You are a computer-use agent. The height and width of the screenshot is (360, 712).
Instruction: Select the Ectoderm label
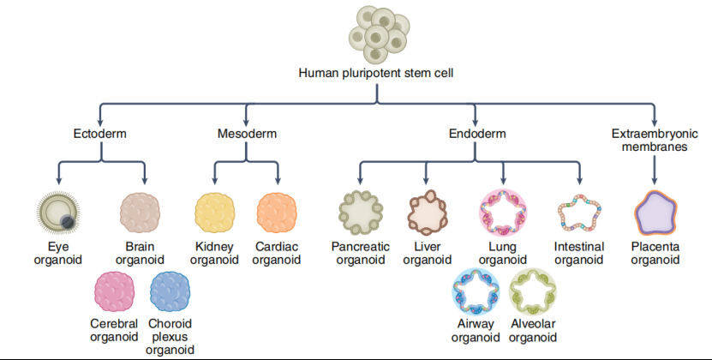click(101, 134)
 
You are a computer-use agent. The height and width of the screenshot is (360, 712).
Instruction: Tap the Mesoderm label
click(247, 134)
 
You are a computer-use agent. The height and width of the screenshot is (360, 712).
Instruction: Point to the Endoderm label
click(476, 134)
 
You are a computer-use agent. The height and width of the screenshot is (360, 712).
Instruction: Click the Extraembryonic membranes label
click(655, 141)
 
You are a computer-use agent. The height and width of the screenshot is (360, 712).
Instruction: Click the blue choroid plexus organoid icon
click(170, 291)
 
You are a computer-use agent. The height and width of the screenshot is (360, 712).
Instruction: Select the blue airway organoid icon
click(475, 291)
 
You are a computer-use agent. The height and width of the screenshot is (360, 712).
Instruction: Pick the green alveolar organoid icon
click(533, 291)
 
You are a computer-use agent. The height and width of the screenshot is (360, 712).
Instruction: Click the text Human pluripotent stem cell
click(375, 73)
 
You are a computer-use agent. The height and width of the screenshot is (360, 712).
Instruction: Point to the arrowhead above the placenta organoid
click(655, 181)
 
